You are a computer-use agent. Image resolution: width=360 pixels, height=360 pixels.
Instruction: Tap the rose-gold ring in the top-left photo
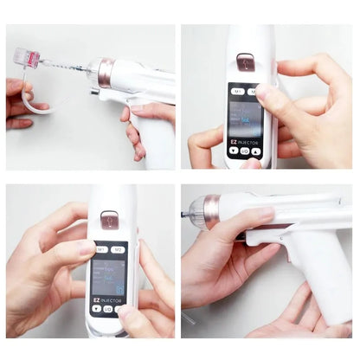point(105,74)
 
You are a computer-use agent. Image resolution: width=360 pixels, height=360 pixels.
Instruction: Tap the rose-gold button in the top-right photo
point(245,61)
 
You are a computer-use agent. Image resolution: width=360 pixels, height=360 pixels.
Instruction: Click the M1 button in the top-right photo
point(235,90)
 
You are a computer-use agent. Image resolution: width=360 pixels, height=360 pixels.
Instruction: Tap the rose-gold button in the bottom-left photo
point(109,221)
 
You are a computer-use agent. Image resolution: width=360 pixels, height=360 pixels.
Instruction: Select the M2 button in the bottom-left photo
point(119,249)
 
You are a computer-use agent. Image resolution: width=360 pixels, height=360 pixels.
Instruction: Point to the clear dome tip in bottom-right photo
point(196,213)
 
